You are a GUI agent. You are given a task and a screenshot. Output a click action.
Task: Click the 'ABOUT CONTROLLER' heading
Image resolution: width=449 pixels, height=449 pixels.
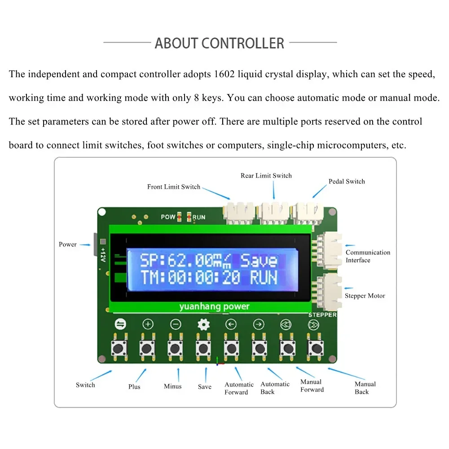click(220, 43)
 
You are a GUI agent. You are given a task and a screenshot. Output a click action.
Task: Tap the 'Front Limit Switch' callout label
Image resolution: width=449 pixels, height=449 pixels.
click(174, 187)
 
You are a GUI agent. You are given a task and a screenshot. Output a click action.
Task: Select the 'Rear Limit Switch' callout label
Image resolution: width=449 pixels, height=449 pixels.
click(266, 176)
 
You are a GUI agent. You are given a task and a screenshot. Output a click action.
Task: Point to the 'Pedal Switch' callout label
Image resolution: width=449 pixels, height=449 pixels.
click(347, 181)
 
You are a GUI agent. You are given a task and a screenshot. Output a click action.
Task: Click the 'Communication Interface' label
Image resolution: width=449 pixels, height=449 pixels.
click(368, 256)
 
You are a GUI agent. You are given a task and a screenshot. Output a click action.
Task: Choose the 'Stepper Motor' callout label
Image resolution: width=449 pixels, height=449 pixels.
click(365, 296)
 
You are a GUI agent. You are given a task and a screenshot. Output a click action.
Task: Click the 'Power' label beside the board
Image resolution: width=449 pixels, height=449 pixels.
click(68, 244)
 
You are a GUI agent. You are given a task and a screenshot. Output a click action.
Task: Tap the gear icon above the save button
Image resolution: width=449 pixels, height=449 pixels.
click(204, 324)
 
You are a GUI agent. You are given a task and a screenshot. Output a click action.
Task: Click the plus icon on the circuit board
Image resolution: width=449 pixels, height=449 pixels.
click(148, 324)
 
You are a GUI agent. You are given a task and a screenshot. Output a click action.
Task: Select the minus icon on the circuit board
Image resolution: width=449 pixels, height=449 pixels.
click(176, 324)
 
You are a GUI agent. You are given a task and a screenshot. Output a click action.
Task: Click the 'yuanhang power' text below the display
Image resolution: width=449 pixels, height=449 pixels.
click(214, 307)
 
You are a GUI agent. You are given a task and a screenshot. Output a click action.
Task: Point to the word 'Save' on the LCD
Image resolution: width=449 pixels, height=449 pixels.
click(259, 261)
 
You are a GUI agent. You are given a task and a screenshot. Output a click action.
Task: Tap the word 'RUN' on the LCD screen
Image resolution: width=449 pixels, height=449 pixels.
click(264, 278)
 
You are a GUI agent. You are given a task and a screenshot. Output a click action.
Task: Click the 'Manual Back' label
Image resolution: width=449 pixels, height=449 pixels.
click(365, 388)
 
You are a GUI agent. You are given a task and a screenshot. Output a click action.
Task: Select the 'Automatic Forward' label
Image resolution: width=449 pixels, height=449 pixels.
click(239, 388)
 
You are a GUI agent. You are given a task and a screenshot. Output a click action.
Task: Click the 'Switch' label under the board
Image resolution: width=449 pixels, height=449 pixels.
click(85, 385)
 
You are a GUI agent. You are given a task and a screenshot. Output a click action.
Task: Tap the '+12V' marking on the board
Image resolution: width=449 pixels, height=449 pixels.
click(103, 255)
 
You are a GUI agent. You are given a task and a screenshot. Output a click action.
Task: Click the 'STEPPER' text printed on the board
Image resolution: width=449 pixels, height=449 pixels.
click(322, 315)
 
